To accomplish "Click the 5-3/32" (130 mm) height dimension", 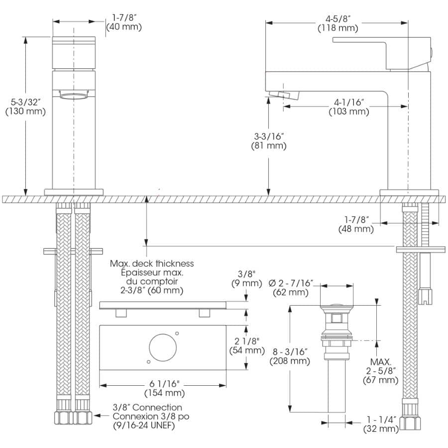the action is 25,107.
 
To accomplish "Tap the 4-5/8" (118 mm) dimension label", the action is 337,23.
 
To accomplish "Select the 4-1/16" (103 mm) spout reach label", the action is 349,107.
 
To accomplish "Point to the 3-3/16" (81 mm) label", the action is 269,141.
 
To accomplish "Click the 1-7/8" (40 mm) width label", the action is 124,22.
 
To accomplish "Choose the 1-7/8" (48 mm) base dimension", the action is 356,224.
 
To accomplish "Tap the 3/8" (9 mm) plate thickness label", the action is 246,279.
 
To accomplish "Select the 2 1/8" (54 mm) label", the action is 247,346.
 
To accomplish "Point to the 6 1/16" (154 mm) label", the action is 165,388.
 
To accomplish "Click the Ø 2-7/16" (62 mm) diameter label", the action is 291,288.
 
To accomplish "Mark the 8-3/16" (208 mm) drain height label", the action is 290,356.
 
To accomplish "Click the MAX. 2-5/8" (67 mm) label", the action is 381,371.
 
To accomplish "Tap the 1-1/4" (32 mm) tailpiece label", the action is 381,424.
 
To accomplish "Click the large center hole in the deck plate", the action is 163,348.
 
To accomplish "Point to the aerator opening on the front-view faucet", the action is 74,96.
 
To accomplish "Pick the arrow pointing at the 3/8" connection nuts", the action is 102,416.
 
